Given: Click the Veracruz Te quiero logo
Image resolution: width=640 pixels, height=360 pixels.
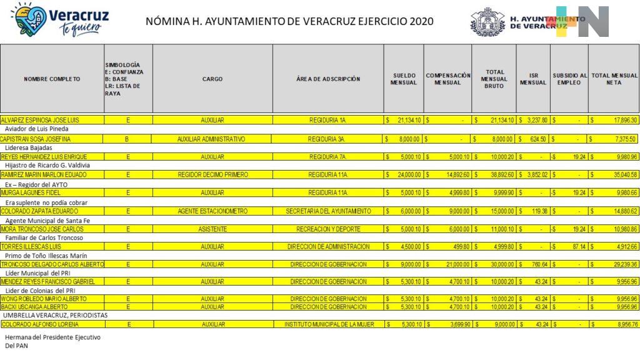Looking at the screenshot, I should tap(59, 20).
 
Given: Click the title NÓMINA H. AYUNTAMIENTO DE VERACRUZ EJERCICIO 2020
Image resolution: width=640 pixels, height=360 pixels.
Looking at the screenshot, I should tap(289, 22).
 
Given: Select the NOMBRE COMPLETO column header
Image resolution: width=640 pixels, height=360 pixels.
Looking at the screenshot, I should tap(52, 79).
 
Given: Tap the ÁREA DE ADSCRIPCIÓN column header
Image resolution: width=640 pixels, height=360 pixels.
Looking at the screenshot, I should tap(328, 79).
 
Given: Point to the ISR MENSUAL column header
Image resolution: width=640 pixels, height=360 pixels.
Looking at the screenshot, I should tap(533, 79).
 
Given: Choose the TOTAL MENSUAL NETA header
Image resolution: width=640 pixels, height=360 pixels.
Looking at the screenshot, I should tap(614, 79).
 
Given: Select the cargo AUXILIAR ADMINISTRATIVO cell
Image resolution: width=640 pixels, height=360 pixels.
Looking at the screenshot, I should tap(211, 139).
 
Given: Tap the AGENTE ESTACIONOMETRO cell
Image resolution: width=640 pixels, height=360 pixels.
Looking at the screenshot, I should tap(212, 211).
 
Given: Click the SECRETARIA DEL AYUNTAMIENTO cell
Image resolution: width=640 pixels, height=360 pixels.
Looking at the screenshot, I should tap(328, 211).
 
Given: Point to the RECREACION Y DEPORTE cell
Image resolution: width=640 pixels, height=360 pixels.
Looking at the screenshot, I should tap(328, 229).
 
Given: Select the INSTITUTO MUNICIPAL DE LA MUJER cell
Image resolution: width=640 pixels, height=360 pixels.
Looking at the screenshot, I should tap(328, 325).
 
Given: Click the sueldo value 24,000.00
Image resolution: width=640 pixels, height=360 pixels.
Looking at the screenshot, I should tap(406, 175).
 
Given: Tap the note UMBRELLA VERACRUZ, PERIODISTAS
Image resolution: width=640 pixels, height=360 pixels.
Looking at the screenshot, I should tap(55, 316).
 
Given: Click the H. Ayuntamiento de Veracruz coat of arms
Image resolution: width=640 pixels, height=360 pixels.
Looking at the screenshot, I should tap(487, 22).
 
